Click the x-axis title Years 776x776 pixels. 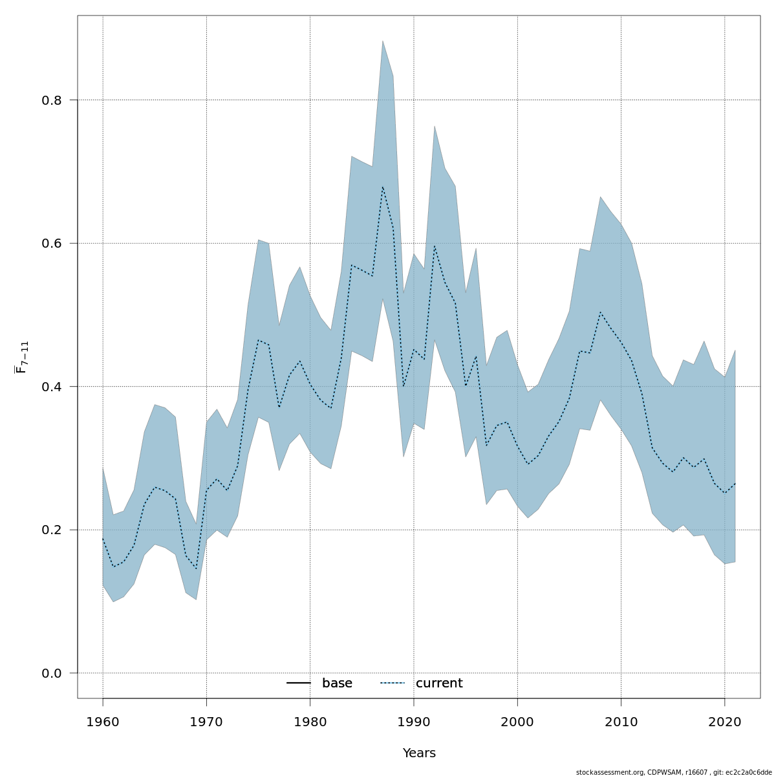coord(419,753)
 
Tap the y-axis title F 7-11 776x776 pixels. coord(22,357)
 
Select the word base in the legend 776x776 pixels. coord(337,684)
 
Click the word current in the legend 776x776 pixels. coord(439,684)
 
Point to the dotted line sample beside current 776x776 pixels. coord(392,683)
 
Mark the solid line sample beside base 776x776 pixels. coord(299,683)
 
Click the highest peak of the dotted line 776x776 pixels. coord(382,187)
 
